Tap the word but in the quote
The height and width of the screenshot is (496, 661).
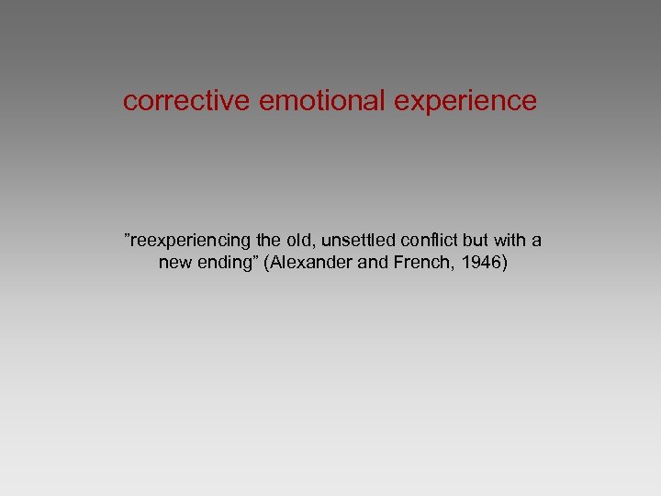[475, 241]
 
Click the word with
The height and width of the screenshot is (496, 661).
[510, 241]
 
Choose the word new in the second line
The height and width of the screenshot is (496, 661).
[174, 263]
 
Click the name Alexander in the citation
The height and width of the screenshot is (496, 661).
[308, 263]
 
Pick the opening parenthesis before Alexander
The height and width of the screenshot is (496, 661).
[268, 264]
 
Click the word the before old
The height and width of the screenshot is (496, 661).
[266, 241]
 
